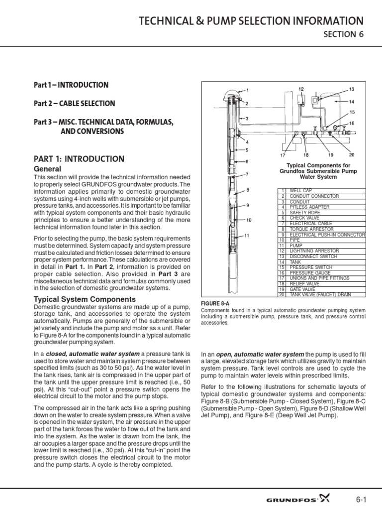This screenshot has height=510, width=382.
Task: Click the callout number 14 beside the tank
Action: (x=352, y=102)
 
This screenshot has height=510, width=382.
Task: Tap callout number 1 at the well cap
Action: (x=247, y=90)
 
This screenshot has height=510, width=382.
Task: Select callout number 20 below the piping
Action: (x=352, y=155)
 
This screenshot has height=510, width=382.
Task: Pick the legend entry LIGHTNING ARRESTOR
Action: (x=313, y=251)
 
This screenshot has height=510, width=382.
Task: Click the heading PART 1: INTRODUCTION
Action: (x=79, y=159)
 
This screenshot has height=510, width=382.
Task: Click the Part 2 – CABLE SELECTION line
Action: (x=74, y=104)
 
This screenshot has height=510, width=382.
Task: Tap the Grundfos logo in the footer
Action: (x=310, y=498)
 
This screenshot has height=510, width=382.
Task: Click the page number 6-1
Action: (x=362, y=498)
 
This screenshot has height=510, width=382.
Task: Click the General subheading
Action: (x=47, y=169)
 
